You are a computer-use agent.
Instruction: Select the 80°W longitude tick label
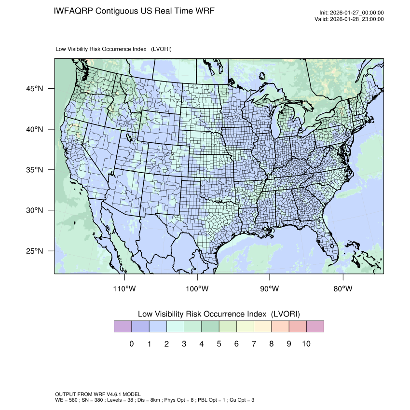pyautogui.click(x=343, y=289)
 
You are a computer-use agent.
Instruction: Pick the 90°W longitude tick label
pyautogui.click(x=270, y=289)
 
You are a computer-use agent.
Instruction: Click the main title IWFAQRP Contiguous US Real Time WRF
pyautogui.click(x=134, y=11)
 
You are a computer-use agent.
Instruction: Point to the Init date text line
pyautogui.click(x=352, y=13)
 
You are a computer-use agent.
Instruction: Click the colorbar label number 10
pyautogui.click(x=306, y=344)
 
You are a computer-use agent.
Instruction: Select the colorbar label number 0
pyautogui.click(x=132, y=344)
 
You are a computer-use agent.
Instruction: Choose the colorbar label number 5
pyautogui.click(x=219, y=344)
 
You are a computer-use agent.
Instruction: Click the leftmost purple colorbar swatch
pyautogui.click(x=123, y=327)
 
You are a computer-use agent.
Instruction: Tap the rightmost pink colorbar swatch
pyautogui.click(x=315, y=327)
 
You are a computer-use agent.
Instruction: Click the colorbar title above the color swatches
pyautogui.click(x=219, y=314)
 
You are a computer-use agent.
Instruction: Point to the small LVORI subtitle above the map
pyautogui.click(x=114, y=49)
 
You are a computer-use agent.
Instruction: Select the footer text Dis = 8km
pyautogui.click(x=147, y=400)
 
